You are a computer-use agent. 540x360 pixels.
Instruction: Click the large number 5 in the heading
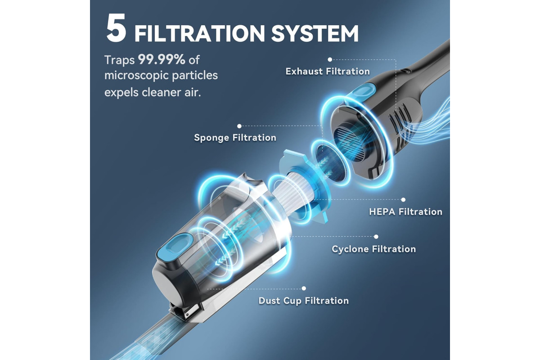point(116,28)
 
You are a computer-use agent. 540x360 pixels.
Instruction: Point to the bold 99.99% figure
point(162,59)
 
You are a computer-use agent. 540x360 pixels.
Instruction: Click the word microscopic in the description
point(133,76)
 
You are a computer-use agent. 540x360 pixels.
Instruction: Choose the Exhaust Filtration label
point(328,72)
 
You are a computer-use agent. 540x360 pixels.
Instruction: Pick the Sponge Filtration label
point(235,138)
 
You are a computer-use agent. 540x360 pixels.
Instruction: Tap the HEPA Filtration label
point(406,211)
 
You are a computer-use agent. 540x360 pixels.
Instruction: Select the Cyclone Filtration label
point(373,249)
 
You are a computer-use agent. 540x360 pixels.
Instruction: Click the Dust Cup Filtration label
point(303,301)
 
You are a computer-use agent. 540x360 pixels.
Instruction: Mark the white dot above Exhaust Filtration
point(330,59)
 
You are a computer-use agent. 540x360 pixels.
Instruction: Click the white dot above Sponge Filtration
point(239,126)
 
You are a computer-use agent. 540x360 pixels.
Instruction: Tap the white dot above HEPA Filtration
point(403,200)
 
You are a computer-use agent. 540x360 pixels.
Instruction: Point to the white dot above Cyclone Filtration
point(376,237)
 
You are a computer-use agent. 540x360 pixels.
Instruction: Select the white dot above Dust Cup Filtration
point(304,288)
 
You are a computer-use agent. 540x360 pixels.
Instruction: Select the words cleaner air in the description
point(171,93)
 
